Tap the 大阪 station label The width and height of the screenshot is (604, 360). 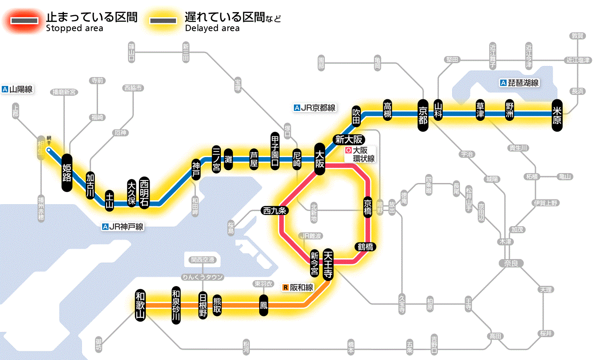click(x=320, y=159)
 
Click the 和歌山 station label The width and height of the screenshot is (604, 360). click(x=140, y=304)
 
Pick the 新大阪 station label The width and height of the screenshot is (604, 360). click(x=349, y=139)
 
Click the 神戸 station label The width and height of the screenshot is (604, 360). click(x=196, y=170)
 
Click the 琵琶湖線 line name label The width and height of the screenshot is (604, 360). click(x=519, y=83)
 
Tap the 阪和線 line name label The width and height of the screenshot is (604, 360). click(x=298, y=287)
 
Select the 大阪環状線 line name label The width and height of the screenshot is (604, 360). click(x=360, y=155)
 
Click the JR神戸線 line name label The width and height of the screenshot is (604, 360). click(x=123, y=227)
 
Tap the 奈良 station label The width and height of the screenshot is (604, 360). click(x=510, y=263)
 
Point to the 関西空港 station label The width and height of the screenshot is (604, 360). click(x=202, y=260)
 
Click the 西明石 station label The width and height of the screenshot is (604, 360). click(x=144, y=193)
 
